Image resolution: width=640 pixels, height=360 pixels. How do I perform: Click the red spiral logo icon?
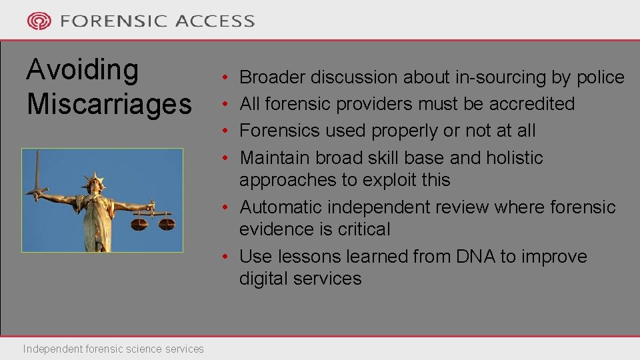[x=39, y=21]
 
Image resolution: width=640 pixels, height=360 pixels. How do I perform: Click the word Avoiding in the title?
[x=82, y=70]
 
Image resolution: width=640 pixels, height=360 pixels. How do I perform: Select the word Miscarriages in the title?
[x=109, y=104]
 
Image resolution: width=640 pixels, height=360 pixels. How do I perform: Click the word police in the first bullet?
[x=599, y=77]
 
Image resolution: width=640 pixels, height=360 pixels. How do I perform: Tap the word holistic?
[x=514, y=158]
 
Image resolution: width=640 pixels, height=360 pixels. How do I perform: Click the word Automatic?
[x=281, y=207]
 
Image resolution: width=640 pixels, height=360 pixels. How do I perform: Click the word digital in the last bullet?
[x=263, y=279]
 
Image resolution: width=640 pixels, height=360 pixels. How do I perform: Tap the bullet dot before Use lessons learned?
[x=227, y=257]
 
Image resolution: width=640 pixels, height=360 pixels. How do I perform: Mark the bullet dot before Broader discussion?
[x=227, y=78]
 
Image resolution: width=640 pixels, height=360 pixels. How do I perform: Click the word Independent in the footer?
[x=52, y=349]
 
